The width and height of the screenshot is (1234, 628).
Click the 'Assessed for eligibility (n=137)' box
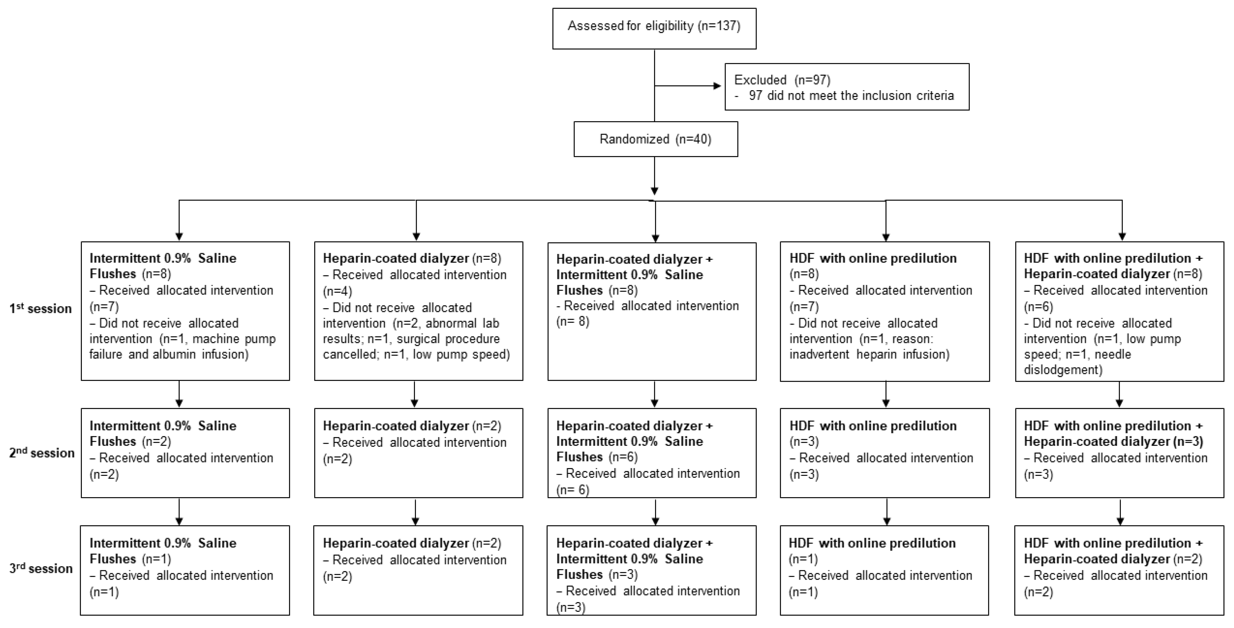pyautogui.click(x=654, y=28)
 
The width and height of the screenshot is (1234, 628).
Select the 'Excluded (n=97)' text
pyautogui.click(x=782, y=80)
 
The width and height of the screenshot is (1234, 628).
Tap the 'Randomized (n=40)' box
pyautogui.click(x=655, y=139)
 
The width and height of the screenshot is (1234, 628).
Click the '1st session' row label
pyautogui.click(x=40, y=309)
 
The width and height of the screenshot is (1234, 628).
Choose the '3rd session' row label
pyautogui.click(x=41, y=569)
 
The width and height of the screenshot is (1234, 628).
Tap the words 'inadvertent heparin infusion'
pyautogui.click(x=869, y=354)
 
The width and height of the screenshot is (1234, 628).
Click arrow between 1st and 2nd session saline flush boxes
pyautogui.click(x=179, y=394)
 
